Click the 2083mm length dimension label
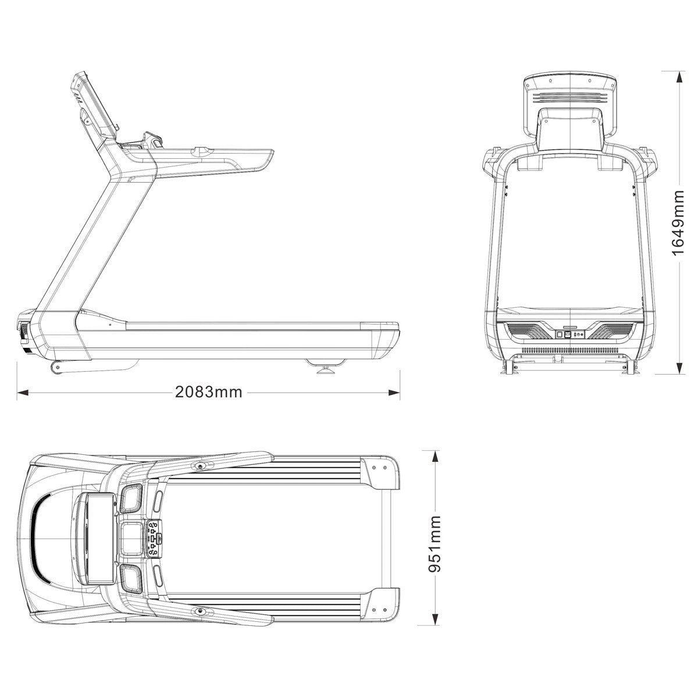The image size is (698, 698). point(208,392)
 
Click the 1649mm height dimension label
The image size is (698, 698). point(678,222)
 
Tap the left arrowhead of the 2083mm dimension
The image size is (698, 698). point(23,393)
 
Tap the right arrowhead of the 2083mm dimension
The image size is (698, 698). point(394,393)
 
